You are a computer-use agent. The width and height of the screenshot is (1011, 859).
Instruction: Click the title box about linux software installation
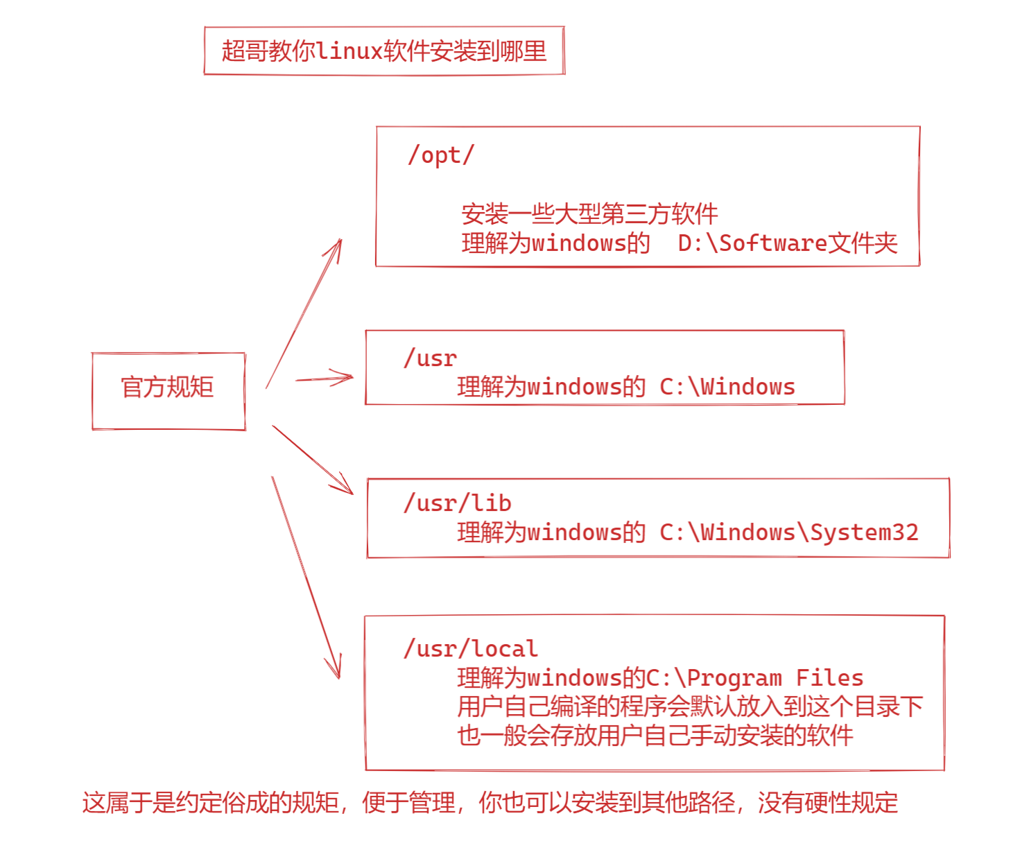[x=384, y=51]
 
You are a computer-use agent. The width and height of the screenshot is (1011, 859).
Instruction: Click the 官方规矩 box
[x=168, y=388]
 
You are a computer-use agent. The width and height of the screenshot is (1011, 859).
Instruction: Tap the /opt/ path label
[x=441, y=155]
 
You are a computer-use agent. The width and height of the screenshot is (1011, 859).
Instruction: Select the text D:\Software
[x=752, y=243]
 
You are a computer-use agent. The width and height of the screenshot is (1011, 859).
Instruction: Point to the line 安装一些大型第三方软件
[x=589, y=214]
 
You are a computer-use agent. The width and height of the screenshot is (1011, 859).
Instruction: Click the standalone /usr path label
[x=431, y=358]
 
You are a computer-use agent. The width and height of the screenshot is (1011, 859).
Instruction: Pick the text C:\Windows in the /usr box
[x=727, y=387]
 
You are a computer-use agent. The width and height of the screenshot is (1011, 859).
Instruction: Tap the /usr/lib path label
[x=458, y=503]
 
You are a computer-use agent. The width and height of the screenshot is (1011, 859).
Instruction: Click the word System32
[x=864, y=532]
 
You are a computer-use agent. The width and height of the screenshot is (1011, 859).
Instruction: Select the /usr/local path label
[x=471, y=649]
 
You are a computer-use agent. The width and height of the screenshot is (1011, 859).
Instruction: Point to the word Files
[x=829, y=678]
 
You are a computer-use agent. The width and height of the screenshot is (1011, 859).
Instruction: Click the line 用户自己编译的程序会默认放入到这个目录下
[x=690, y=706]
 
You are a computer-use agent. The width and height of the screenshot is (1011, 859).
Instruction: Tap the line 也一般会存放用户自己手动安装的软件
[x=655, y=736]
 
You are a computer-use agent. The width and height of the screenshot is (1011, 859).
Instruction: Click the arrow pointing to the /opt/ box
[x=304, y=313]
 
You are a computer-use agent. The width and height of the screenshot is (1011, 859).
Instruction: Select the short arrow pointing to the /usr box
[x=324, y=379]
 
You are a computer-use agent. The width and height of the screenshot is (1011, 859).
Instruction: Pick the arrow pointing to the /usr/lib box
[x=312, y=459]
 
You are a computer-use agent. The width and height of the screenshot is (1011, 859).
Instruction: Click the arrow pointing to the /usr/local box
[x=305, y=577]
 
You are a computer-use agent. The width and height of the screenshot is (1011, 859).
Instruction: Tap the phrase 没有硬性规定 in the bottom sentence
[x=828, y=803]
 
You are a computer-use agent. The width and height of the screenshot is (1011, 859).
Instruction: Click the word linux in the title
[x=349, y=51]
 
